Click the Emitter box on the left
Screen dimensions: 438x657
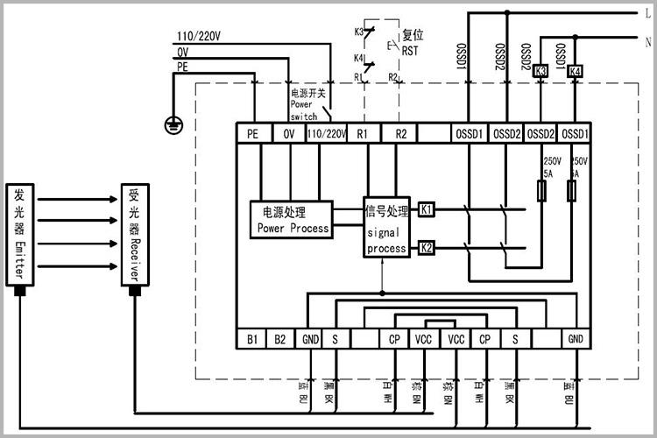18,233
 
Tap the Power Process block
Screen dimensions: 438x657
293,220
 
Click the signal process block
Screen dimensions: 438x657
386,229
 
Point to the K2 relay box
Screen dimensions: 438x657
426,247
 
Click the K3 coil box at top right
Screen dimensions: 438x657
540,71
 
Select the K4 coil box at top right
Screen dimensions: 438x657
575,71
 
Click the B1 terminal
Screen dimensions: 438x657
252,339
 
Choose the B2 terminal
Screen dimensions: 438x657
279,339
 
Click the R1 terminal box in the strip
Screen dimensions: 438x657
363,134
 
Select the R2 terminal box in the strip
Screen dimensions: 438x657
399,134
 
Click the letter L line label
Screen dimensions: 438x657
646,13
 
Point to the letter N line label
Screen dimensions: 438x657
646,41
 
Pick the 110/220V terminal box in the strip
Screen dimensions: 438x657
326,134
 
